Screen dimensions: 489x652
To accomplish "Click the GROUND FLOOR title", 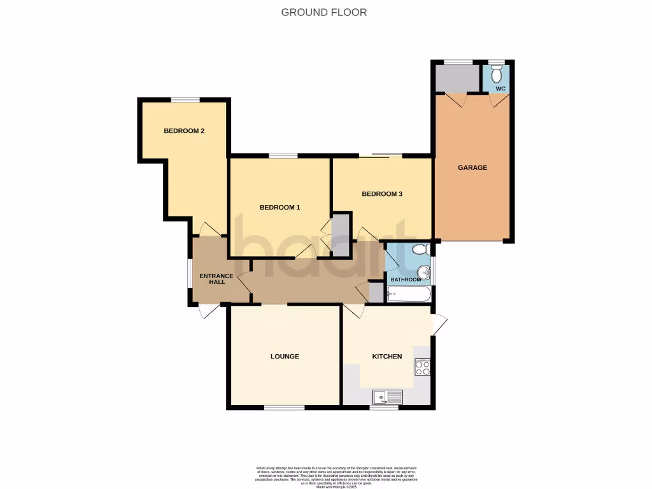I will (x=324, y=12).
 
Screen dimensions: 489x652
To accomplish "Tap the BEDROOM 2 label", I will (x=184, y=131).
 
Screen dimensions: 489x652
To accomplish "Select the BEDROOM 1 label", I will (x=280, y=208).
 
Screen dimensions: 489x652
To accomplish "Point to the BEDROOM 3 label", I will (x=382, y=194).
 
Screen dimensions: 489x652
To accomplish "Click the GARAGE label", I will (x=472, y=168).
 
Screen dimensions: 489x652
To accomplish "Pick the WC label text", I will (x=500, y=89).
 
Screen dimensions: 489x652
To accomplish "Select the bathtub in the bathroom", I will (x=409, y=295).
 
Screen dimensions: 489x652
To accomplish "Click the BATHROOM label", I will (x=406, y=280).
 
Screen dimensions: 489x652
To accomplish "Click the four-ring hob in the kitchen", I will (x=423, y=367).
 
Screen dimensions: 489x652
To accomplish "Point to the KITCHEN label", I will (x=387, y=357).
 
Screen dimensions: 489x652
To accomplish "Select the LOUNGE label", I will (x=285, y=357).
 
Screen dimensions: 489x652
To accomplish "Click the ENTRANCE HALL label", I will (x=213, y=279).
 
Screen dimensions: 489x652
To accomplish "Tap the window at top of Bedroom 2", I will (x=185, y=99).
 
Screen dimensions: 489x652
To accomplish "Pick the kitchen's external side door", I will (x=439, y=325).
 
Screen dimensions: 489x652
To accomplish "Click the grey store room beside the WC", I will (x=457, y=78).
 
